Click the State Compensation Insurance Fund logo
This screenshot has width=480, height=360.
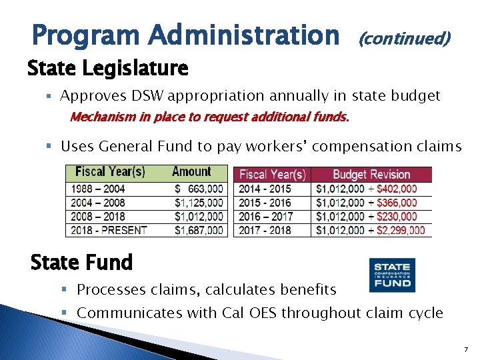coord(392,275)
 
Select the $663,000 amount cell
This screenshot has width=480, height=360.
coord(199,189)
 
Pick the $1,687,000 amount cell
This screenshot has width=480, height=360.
coord(199,230)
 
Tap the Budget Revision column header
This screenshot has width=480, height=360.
coord(371,175)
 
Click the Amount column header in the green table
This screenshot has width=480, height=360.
coord(191,172)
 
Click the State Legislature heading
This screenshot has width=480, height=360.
coord(108,68)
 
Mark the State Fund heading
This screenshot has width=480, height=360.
coord(82,263)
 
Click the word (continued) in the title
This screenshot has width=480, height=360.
coord(405,39)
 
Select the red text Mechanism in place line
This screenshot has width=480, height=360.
coord(209,118)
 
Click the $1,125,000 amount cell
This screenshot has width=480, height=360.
coord(199,203)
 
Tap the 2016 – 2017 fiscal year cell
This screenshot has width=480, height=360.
coord(265,217)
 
